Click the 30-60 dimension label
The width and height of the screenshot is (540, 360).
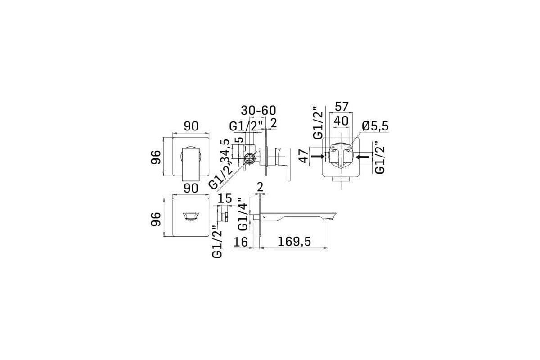tap(258, 111)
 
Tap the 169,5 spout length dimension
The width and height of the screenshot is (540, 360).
tap(294, 242)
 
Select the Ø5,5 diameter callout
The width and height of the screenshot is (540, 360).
tap(375, 126)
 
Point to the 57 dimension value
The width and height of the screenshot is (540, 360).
tap(342, 107)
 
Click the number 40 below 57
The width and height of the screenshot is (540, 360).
tap(341, 121)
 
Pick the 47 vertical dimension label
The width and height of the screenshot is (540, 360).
tap(303, 156)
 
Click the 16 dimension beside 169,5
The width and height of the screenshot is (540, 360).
tap(241, 242)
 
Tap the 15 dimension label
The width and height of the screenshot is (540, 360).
tap(225, 198)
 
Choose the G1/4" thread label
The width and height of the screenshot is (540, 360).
tap(243, 215)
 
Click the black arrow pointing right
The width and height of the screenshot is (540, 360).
tap(318, 157)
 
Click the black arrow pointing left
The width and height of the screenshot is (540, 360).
tap(362, 157)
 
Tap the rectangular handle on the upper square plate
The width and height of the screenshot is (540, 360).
tap(191, 164)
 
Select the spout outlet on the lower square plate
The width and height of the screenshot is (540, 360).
tap(191, 216)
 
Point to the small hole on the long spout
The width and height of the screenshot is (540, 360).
tap(265, 217)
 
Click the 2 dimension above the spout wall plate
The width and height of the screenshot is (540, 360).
tap(260, 187)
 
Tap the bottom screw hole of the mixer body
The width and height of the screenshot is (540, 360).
tap(341, 166)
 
